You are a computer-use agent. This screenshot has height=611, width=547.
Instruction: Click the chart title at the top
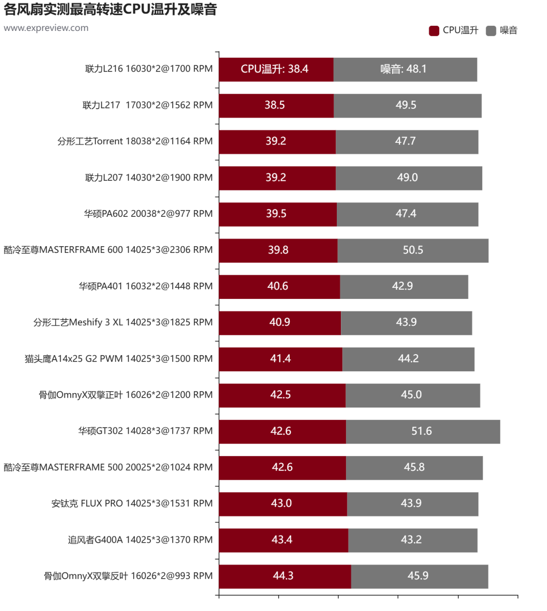(x=110, y=9)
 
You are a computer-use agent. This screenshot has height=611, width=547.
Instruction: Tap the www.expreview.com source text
(x=46, y=28)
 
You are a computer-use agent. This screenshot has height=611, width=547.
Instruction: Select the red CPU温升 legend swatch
(x=434, y=31)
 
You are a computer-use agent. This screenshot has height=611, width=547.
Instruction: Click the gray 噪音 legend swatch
(x=491, y=31)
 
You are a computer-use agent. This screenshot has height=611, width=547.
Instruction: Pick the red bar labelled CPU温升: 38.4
(x=276, y=70)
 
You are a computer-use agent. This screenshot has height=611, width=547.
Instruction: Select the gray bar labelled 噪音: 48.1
(x=405, y=70)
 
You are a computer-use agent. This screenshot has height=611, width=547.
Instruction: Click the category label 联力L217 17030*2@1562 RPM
(x=147, y=105)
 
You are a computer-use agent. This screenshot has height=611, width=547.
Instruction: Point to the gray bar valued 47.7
(x=407, y=142)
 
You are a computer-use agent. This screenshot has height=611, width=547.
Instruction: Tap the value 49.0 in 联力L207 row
(x=407, y=177)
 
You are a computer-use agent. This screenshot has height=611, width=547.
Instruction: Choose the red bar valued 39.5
(x=278, y=214)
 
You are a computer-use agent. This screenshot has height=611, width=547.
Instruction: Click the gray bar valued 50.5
(x=413, y=251)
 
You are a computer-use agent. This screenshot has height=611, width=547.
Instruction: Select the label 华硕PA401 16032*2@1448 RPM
(x=146, y=286)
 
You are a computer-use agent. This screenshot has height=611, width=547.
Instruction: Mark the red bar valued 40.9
(x=280, y=323)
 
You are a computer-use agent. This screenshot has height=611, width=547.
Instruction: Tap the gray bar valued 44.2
(x=409, y=359)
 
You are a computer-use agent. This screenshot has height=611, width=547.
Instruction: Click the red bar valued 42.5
(x=282, y=395)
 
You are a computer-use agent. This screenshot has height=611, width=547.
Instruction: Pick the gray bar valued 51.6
(x=423, y=432)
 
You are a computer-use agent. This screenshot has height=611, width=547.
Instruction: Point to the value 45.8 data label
(x=414, y=467)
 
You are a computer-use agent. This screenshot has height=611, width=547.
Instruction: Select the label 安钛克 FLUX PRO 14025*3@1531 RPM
(x=132, y=503)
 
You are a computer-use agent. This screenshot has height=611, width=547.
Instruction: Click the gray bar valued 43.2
(x=413, y=540)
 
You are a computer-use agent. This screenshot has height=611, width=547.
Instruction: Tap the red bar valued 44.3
(x=285, y=577)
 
